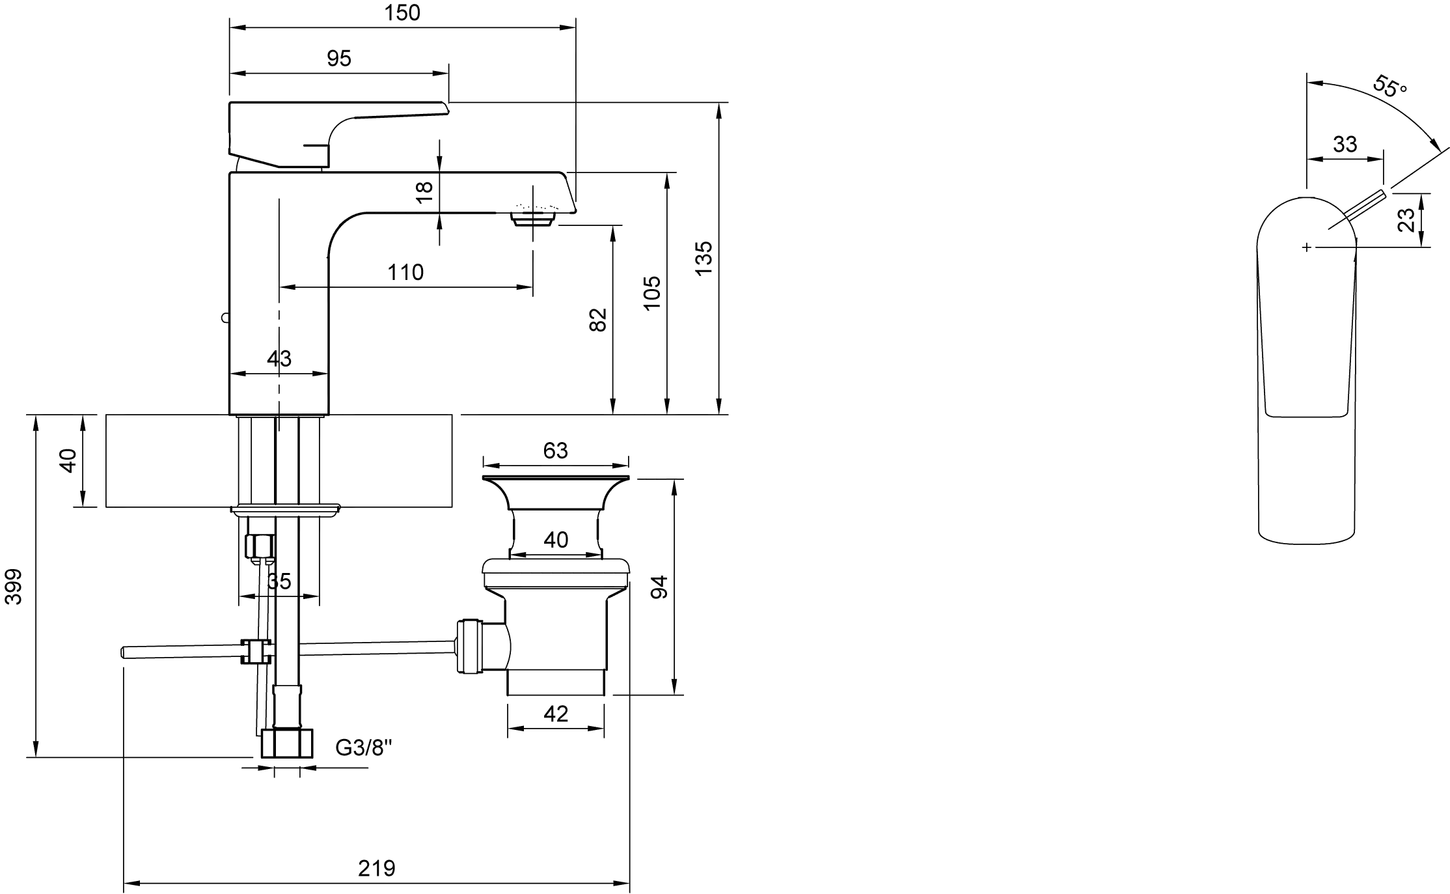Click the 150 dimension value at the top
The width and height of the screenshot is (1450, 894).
pyautogui.click(x=402, y=13)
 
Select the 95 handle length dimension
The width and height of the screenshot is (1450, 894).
pyautogui.click(x=339, y=59)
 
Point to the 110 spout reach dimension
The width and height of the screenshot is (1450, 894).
pyautogui.click(x=405, y=272)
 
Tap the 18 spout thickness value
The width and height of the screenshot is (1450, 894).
pyautogui.click(x=424, y=191)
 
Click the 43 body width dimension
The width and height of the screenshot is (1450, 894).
pyautogui.click(x=279, y=359)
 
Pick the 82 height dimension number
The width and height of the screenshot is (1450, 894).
pyautogui.click(x=597, y=320)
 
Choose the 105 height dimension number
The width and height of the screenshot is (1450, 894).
pyautogui.click(x=651, y=293)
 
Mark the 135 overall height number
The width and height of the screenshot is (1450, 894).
pyautogui.click(x=704, y=258)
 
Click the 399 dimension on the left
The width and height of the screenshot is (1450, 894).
pyautogui.click(x=13, y=587)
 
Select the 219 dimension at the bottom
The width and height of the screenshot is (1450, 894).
pyautogui.click(x=376, y=869)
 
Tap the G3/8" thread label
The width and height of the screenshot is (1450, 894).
pyautogui.click(x=364, y=747)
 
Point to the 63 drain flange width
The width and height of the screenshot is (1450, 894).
pyautogui.click(x=555, y=451)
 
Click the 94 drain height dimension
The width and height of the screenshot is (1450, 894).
pyautogui.click(x=659, y=587)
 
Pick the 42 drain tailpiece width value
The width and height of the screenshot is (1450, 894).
pyautogui.click(x=555, y=714)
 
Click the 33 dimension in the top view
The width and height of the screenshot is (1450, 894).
pyautogui.click(x=1345, y=144)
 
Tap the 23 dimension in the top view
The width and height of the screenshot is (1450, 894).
pyautogui.click(x=1406, y=220)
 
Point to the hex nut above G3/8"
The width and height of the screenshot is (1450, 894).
pyautogui.click(x=287, y=744)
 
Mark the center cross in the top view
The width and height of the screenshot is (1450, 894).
pyautogui.click(x=1306, y=247)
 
